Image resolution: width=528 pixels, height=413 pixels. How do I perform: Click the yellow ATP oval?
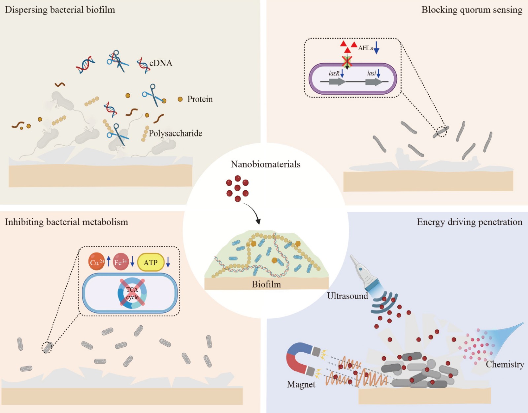click(150, 262)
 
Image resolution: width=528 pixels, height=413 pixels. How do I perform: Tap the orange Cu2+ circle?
click(96, 262)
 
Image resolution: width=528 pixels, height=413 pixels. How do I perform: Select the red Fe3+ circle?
click(121, 262)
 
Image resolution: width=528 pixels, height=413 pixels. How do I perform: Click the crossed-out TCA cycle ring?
click(132, 293)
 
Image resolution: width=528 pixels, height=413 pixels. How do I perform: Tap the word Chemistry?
click(505, 364)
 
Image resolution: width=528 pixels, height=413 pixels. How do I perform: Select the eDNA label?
click(161, 63)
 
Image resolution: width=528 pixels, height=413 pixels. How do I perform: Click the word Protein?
click(200, 99)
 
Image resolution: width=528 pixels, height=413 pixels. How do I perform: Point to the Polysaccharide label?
click(175, 133)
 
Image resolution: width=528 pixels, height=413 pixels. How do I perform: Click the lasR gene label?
click(334, 74)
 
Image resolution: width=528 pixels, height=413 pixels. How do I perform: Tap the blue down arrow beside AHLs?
click(377, 48)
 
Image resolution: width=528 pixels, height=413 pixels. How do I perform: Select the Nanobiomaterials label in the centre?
click(265, 164)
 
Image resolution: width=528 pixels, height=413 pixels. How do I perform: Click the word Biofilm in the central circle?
click(266, 284)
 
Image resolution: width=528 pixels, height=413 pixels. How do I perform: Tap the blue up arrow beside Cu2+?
click(109, 261)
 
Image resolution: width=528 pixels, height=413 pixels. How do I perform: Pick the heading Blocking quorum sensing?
click(472, 10)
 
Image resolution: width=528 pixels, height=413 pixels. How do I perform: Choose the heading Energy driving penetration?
click(469, 222)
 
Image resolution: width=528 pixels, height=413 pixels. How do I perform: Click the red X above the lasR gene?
click(347, 61)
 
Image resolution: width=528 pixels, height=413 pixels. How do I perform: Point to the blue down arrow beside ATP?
click(168, 262)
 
